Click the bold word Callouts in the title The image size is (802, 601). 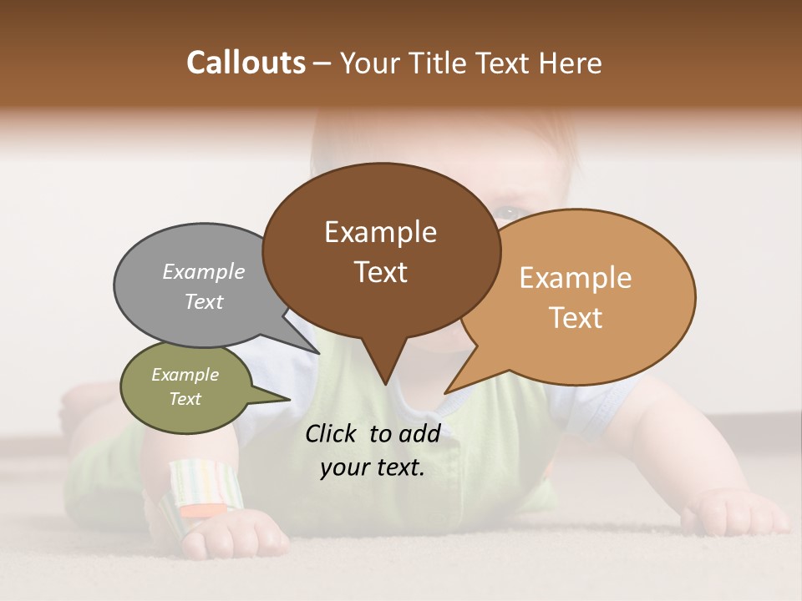(x=246, y=63)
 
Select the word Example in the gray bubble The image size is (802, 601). (x=203, y=271)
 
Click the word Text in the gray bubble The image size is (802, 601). (x=203, y=301)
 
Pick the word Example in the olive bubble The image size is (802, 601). (x=185, y=375)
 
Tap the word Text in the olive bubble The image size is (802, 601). (x=185, y=399)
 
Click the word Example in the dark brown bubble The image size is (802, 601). (x=380, y=232)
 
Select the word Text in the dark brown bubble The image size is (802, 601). (x=380, y=272)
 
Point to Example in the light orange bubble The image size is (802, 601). (x=576, y=278)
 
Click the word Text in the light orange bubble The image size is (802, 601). (x=576, y=318)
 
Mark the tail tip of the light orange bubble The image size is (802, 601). (x=445, y=392)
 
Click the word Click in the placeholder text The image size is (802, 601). (x=332, y=433)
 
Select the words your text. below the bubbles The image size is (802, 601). (x=372, y=468)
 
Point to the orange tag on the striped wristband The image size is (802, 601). (x=204, y=508)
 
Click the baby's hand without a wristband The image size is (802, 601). (x=735, y=511)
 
